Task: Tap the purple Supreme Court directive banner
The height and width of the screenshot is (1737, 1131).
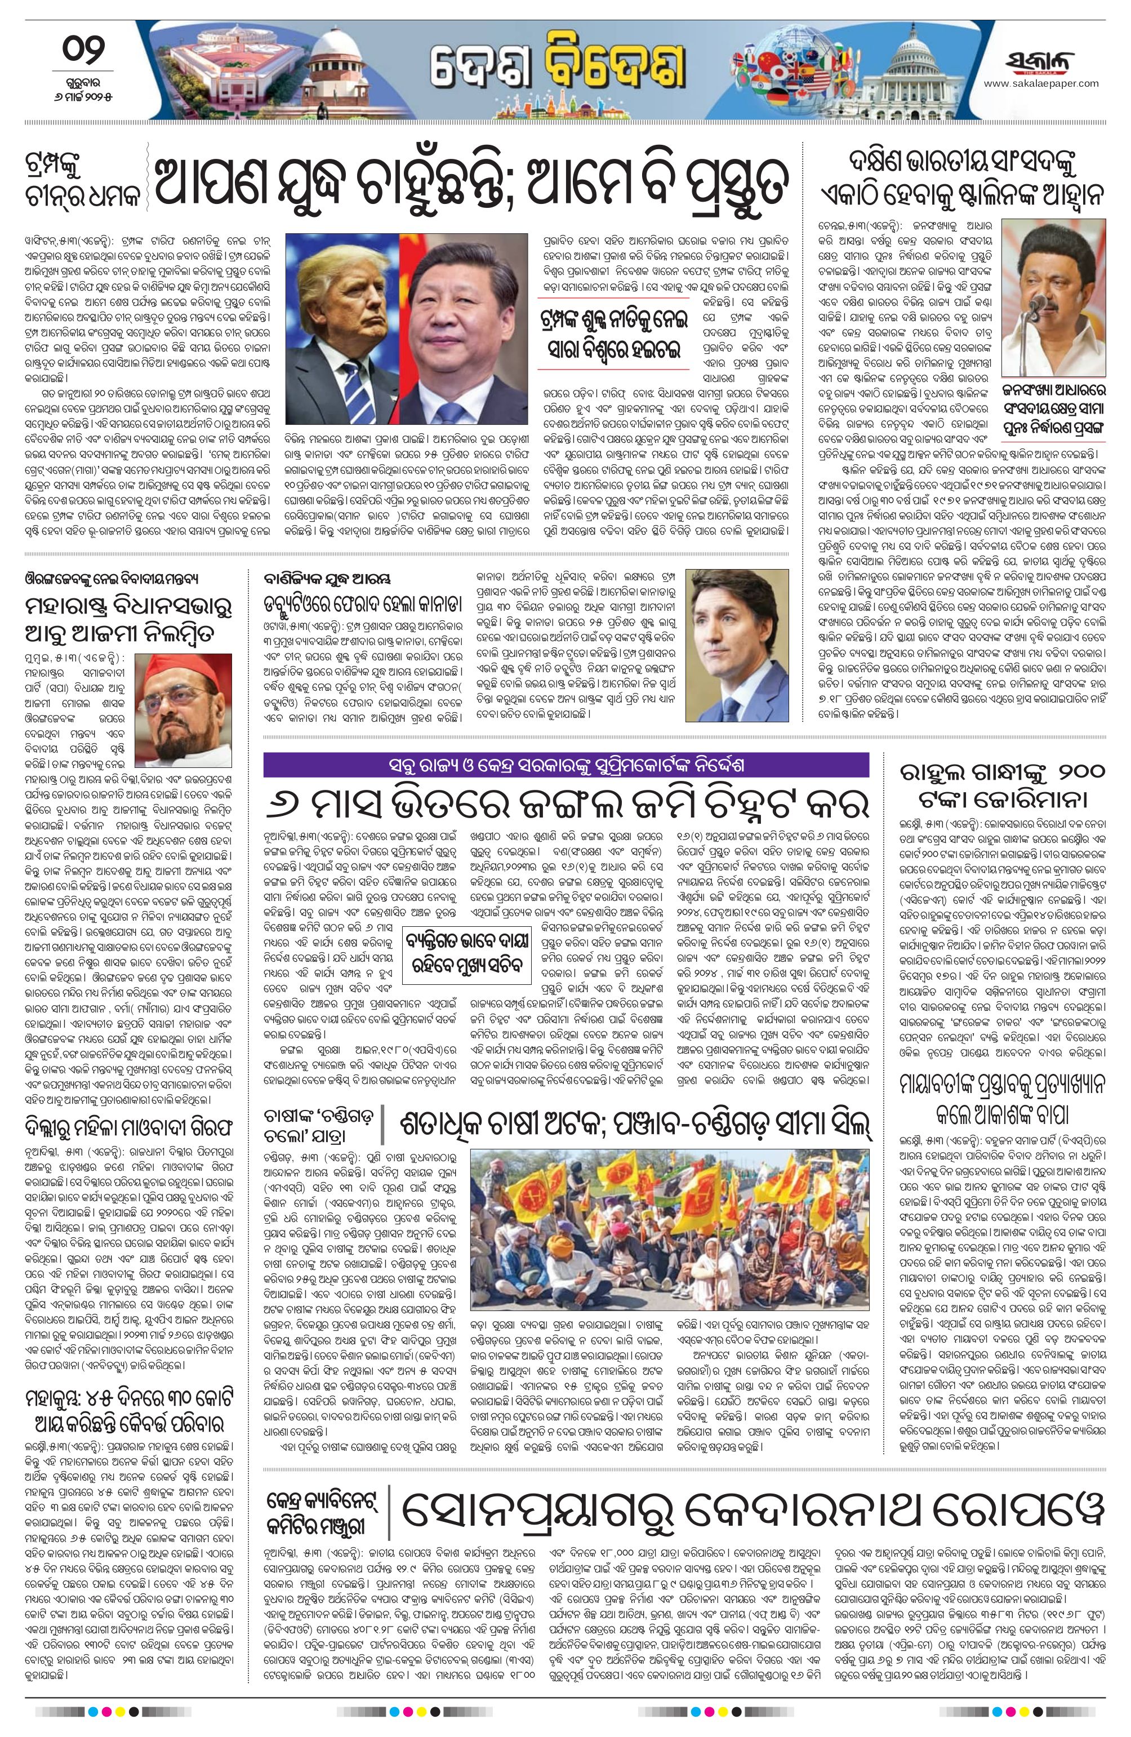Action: tap(568, 766)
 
